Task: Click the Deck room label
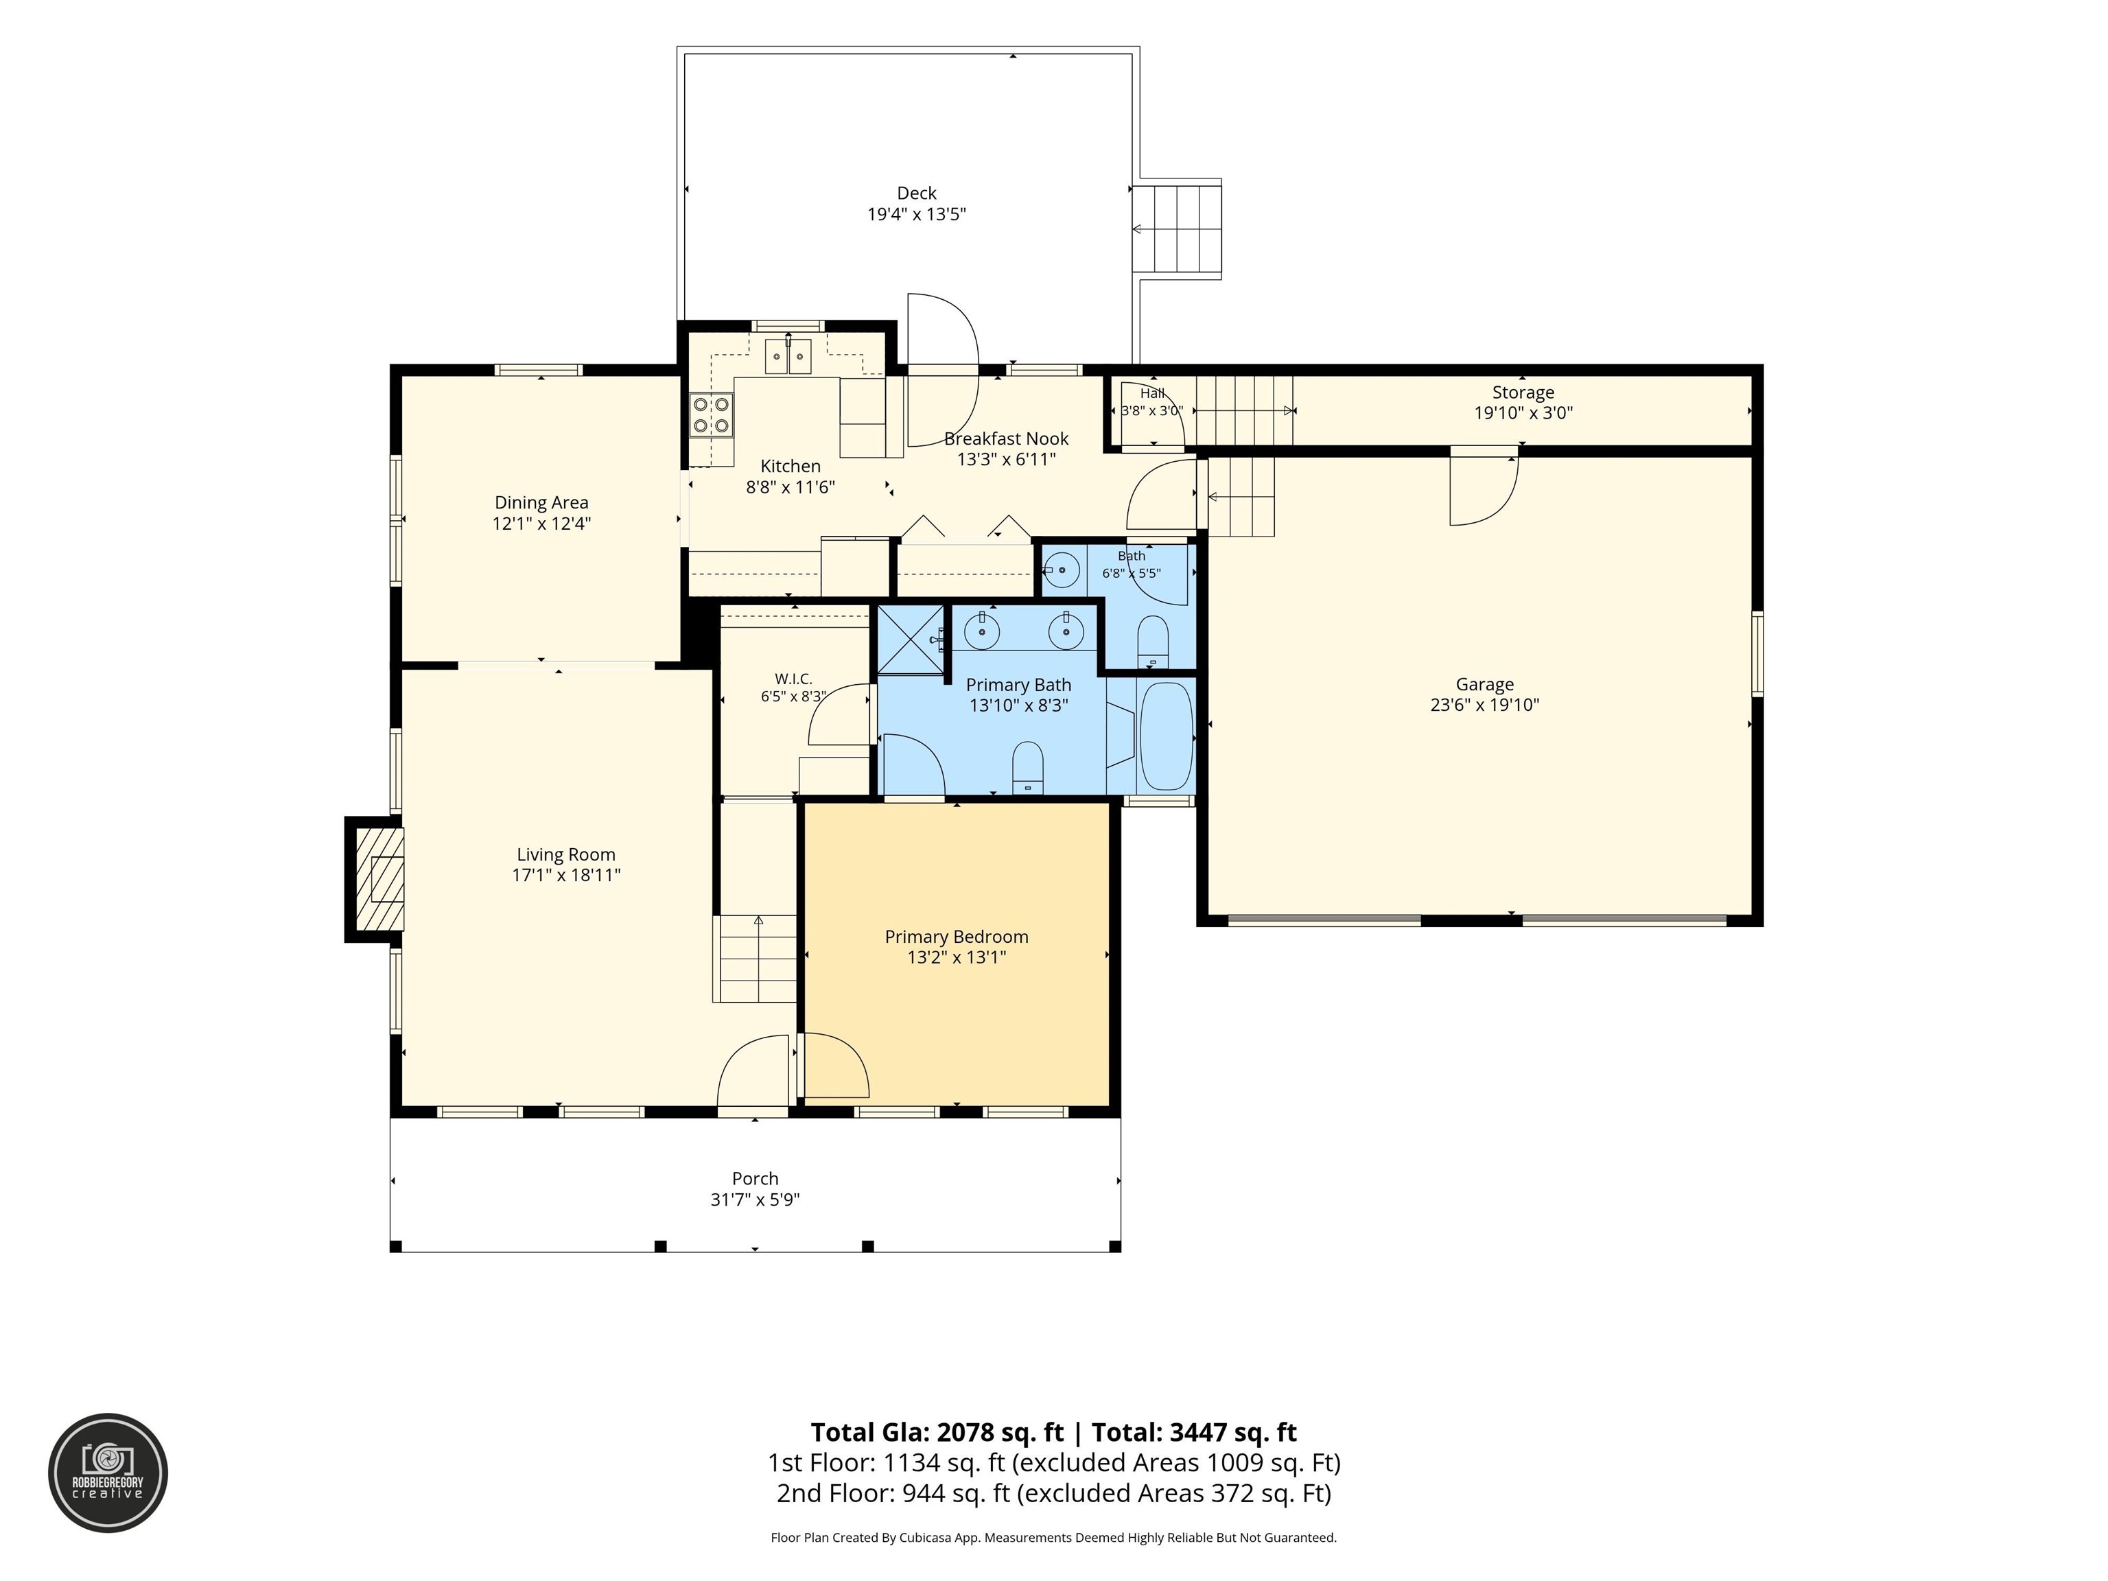[x=916, y=194]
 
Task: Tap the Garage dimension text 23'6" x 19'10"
[x=1485, y=705]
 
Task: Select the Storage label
[x=1523, y=393]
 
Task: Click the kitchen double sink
[x=788, y=358]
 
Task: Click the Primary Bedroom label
[x=957, y=937]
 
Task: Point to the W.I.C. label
[x=793, y=679]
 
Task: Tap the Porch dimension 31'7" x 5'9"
[x=755, y=1199]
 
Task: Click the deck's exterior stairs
[x=1177, y=229]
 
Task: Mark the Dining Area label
[x=541, y=503]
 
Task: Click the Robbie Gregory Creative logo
[x=108, y=1473]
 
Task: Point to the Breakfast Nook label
[x=1007, y=439]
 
